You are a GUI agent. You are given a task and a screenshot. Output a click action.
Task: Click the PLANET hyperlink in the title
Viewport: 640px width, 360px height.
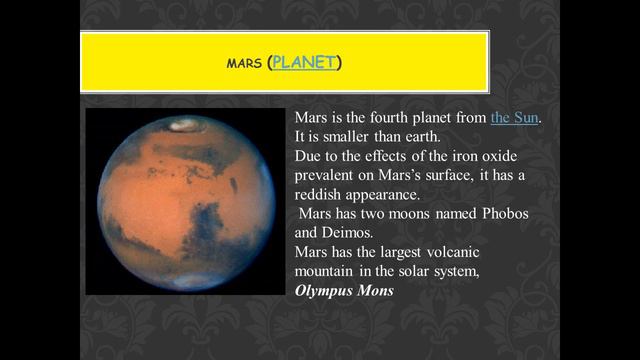[x=305, y=63]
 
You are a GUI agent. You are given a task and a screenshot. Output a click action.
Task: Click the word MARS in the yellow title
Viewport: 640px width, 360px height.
[x=244, y=65]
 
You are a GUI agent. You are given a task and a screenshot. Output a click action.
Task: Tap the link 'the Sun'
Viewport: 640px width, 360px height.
[x=515, y=117]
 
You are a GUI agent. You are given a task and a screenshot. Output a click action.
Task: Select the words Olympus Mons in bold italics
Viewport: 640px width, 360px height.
[x=344, y=291]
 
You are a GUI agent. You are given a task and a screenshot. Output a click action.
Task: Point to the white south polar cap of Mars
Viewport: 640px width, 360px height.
[x=186, y=283]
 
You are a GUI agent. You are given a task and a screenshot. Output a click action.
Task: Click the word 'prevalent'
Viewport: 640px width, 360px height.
[x=326, y=175]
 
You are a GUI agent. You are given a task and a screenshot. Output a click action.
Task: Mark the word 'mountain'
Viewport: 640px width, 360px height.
[x=328, y=272]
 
